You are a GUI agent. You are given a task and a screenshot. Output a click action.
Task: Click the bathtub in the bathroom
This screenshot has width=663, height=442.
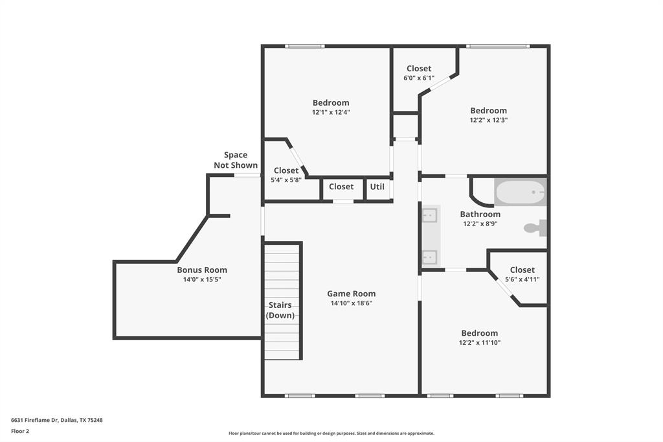521,192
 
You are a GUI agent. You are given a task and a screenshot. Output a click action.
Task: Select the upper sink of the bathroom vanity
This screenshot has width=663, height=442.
430,215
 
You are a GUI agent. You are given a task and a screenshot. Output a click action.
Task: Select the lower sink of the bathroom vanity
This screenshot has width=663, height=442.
430,257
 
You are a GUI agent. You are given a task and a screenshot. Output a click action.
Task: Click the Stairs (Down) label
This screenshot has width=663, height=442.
280,310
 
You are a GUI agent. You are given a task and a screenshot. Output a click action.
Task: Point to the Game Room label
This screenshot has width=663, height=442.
351,294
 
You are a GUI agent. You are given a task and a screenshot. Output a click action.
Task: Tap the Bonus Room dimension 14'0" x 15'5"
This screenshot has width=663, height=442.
202,280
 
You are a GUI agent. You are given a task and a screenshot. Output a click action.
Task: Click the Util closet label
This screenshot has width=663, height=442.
377,187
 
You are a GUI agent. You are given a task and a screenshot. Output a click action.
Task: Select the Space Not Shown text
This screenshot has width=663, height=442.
236,160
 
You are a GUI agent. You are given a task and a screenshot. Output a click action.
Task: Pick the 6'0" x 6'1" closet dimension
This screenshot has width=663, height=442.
419,78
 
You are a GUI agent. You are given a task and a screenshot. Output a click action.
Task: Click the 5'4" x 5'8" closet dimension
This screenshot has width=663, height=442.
286,180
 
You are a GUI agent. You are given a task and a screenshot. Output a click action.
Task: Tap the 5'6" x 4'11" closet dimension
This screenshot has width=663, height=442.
522,279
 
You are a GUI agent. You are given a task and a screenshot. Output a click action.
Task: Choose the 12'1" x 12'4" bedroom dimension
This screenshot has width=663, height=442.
331,112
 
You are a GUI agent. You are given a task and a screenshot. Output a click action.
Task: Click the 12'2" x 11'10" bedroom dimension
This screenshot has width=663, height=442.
480,342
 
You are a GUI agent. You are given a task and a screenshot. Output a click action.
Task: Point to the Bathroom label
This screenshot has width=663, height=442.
480,215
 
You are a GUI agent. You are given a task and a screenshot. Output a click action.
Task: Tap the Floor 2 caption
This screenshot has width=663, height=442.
20,430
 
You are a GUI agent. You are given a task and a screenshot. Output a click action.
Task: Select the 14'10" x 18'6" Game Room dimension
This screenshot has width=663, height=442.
351,303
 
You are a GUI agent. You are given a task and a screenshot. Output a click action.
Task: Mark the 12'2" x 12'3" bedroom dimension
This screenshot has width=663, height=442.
488,119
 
